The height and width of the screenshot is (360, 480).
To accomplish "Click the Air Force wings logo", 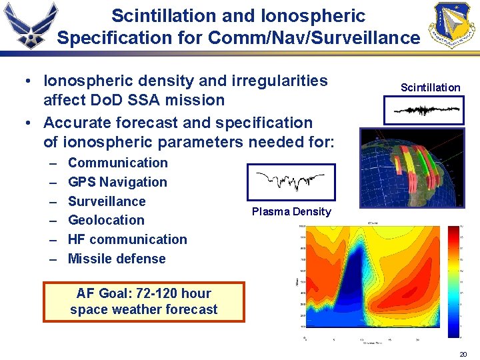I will pos(29,25).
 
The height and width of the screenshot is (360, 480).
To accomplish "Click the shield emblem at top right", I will pos(453,25).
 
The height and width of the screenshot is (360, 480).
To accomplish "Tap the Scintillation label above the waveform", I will pos(430,87).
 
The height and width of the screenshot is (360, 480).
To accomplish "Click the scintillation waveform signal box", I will pos(424,110).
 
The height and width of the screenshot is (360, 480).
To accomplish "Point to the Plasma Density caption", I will pos(291,211).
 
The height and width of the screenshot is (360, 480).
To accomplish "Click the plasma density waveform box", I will pos(287,181).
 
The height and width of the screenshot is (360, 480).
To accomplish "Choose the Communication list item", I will pos(118,163).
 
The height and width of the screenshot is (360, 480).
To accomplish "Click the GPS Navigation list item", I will pos(117,182).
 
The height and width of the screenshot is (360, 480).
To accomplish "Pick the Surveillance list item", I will pos(107,201).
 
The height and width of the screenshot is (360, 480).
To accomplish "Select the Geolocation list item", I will pos(106,220).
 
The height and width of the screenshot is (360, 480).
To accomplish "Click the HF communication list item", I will pos(127,239).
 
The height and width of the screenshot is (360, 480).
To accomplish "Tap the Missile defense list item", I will pos(117,259).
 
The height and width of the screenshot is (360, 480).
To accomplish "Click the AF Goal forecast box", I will pos(143,301).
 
